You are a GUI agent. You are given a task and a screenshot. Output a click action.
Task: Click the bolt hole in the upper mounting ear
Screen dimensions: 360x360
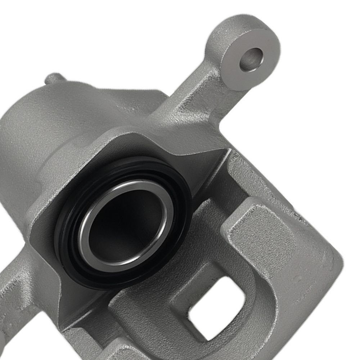point(251,59)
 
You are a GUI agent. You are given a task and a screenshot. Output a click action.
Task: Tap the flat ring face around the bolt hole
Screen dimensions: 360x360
point(265,74)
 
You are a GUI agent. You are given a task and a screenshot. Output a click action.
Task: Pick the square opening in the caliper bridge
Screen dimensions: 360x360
point(216,306)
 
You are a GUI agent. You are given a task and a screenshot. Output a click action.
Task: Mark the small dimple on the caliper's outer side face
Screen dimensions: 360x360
point(298,278)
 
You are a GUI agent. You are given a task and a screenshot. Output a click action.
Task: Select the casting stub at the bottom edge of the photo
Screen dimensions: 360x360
point(119,351)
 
